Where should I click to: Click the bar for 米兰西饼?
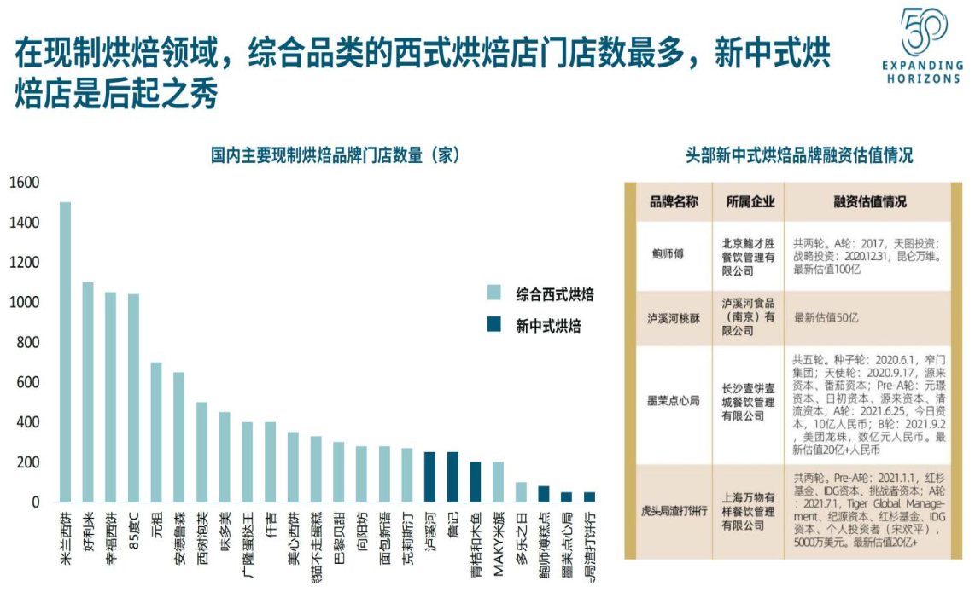tap(65, 351)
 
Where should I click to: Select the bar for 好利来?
tap(88, 392)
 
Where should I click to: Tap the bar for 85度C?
tap(133, 398)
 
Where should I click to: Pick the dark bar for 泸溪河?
tap(430, 477)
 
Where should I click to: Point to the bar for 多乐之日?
tap(521, 492)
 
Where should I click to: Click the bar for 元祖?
tap(156, 432)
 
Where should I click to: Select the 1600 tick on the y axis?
tap(25, 183)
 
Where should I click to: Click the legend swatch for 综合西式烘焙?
tap(494, 293)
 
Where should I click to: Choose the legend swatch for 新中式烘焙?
tap(494, 324)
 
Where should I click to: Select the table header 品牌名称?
tap(674, 202)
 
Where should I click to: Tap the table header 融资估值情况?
tap(870, 202)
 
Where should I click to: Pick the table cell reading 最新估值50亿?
tap(826, 318)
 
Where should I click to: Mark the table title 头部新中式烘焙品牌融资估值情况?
tap(799, 155)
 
